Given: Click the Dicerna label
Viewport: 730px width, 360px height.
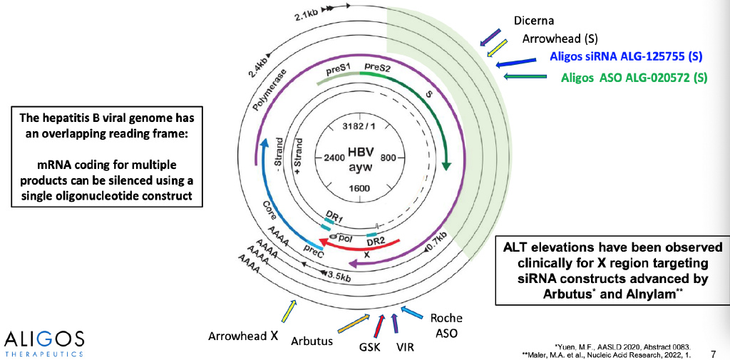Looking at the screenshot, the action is point(534,21).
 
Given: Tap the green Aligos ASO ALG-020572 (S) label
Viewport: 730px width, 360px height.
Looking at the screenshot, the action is point(634,78).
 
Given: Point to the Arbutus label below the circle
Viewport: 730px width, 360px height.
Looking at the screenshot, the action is point(312,341).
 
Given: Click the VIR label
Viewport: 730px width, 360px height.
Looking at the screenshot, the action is point(405,347).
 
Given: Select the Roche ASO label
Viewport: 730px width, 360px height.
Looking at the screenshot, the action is point(446,326).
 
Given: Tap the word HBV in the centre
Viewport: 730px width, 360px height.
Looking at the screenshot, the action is point(360,153).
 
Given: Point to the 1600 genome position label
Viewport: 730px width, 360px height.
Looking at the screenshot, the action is point(359,188).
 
